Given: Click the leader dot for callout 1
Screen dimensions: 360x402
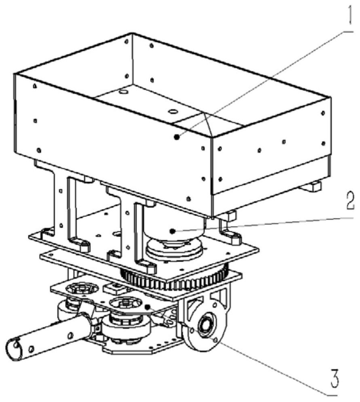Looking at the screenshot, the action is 176,137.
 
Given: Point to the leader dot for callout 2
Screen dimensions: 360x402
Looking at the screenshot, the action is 173,231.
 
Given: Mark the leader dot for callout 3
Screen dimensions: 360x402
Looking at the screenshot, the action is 147,307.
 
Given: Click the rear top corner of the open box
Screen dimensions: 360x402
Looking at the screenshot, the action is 132,33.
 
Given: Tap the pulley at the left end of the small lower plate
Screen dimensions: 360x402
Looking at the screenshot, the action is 82,289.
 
